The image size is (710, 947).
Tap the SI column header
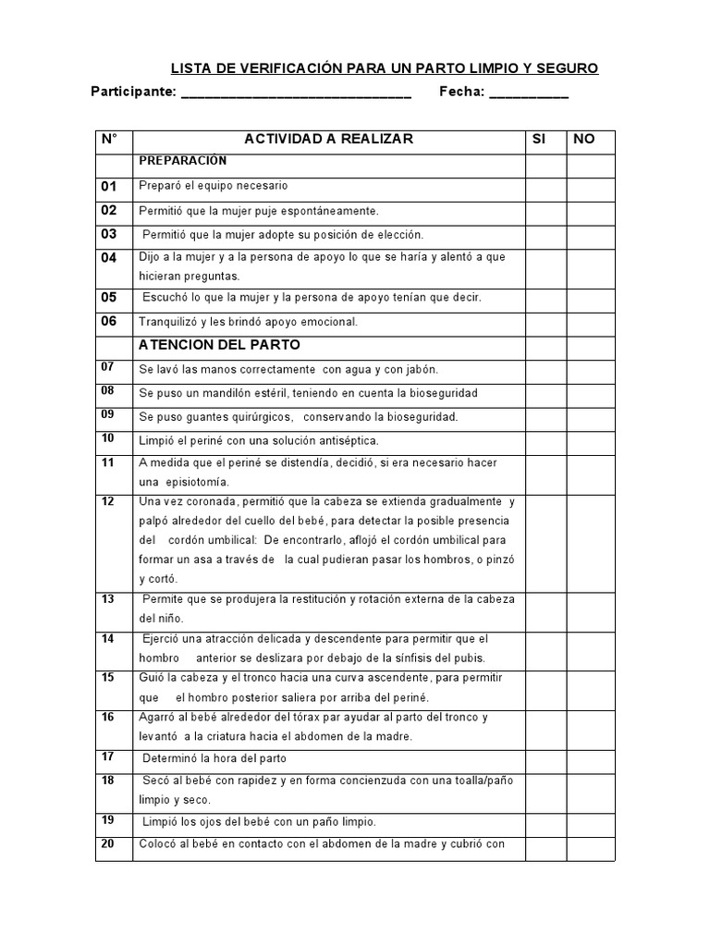(540, 139)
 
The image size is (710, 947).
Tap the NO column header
(584, 139)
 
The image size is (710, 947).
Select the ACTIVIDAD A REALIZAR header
(328, 139)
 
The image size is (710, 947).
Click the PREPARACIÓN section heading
(182, 160)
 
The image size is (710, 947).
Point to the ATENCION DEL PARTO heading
(219, 345)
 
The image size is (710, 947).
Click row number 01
(109, 186)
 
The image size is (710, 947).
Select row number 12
(108, 501)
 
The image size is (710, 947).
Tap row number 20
(108, 842)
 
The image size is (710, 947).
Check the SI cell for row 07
(545, 369)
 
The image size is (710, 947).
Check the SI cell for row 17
(545, 758)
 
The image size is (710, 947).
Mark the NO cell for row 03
(591, 234)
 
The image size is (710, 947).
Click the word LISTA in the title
(190, 68)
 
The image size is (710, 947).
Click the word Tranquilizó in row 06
(169, 322)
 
